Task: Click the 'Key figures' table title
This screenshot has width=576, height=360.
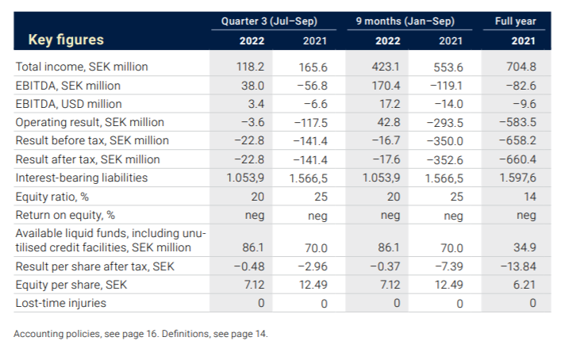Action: click(x=66, y=40)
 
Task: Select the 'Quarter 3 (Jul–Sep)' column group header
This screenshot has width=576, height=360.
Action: click(x=269, y=20)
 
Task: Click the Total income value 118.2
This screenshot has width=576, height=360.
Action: click(x=251, y=67)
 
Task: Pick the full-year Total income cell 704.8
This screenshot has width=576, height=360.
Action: click(x=520, y=67)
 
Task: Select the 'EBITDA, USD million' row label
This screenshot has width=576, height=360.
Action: click(x=69, y=104)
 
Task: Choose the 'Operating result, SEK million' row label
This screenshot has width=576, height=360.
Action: click(x=90, y=122)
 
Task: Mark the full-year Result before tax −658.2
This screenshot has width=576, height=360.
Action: click(x=518, y=141)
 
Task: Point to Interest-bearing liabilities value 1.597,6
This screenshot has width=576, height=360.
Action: click(x=517, y=178)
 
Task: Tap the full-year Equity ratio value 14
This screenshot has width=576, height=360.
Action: click(x=529, y=196)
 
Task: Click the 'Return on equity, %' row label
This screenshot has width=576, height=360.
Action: click(x=66, y=214)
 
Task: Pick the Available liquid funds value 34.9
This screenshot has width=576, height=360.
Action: click(x=524, y=248)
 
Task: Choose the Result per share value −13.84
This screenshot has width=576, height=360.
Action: click(x=519, y=266)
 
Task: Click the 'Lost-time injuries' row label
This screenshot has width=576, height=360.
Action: click(x=61, y=302)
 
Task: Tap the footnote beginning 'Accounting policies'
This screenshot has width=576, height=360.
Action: click(x=141, y=334)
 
